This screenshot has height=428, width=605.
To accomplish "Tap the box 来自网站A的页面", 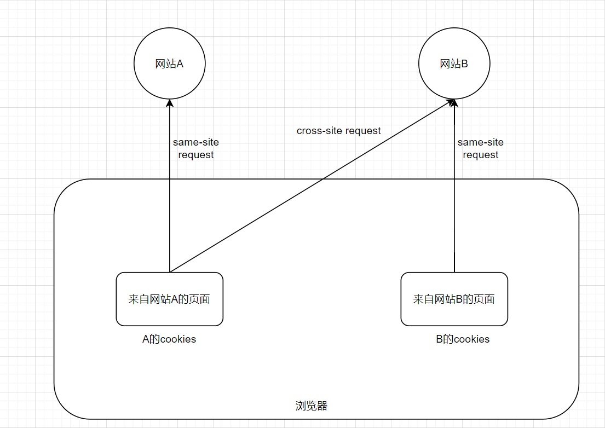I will point(169,299).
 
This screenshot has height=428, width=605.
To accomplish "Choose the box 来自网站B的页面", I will point(454,299).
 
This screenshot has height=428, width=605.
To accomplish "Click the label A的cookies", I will point(169,339).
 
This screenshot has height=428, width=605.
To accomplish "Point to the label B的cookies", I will point(463,339).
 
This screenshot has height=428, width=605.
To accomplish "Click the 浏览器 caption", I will point(311,406).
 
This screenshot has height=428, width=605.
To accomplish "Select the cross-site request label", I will point(339,131).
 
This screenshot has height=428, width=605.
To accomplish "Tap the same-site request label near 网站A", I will point(195,148).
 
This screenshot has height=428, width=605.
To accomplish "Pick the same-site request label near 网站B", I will point(480,148).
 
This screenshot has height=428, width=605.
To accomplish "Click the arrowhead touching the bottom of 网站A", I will point(170,104).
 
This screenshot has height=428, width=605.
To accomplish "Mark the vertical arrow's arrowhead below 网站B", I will point(454,104).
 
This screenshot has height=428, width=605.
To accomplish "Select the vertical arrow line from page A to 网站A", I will point(170,219).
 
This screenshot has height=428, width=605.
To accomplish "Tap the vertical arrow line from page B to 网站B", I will point(454,219).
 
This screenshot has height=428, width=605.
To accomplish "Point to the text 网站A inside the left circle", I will point(169,64).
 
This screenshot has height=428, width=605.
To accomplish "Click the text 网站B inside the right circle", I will point(454,64).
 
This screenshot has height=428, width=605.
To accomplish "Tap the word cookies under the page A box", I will point(178,339).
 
